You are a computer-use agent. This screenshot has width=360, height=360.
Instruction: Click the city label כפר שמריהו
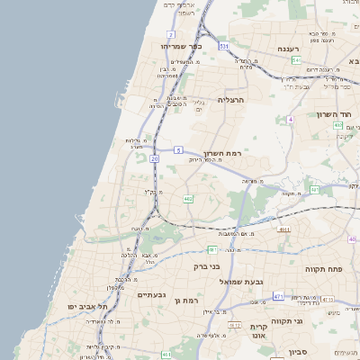[181, 46]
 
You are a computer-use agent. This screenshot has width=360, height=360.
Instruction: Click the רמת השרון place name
[221, 153]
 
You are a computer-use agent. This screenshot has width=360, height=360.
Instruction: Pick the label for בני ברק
[207, 266]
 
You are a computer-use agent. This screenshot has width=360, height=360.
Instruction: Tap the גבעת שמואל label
[241, 282]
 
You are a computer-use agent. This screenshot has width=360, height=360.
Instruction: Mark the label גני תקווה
[310, 320]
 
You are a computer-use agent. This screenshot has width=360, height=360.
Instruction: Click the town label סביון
[299, 351]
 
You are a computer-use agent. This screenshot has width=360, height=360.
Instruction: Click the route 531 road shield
[223, 45]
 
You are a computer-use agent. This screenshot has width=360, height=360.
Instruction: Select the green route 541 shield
[296, 59]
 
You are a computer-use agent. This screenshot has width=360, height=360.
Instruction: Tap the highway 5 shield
[179, 149]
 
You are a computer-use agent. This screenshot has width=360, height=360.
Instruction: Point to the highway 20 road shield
[155, 158]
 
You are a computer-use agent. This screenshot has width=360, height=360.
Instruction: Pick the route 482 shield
[188, 198]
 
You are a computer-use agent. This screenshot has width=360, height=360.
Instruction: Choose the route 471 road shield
[279, 296]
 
